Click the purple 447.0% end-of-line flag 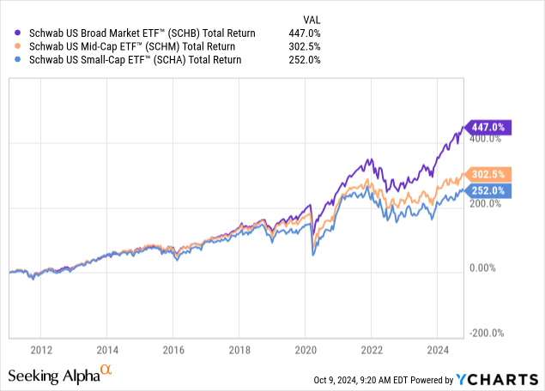[x=488, y=128]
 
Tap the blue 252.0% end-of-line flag [x=488, y=190]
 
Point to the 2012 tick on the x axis [x=41, y=350]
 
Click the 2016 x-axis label [x=174, y=350]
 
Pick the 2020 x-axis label [x=306, y=350]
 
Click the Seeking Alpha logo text [x=60, y=376]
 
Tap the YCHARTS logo [x=499, y=379]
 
